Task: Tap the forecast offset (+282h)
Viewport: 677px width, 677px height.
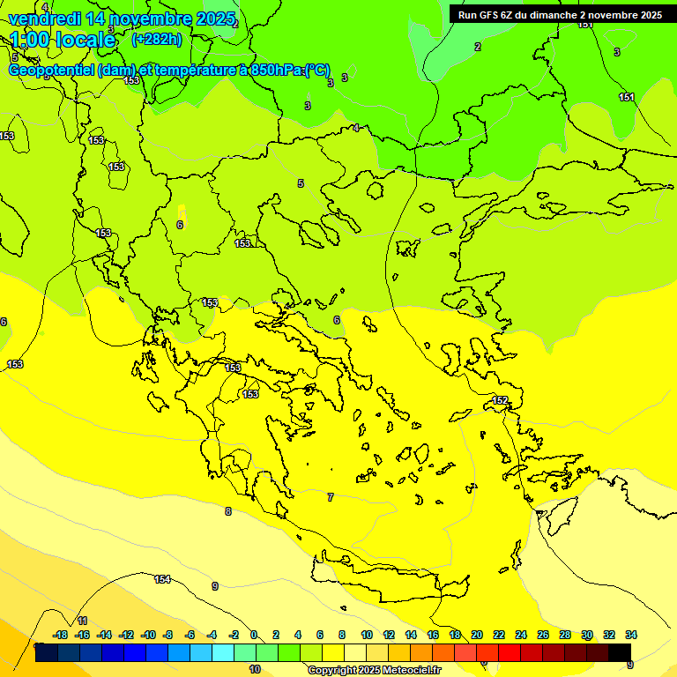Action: click(x=157, y=39)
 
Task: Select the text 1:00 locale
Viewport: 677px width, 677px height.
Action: click(x=63, y=40)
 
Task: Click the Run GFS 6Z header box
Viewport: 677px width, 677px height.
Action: click(x=560, y=15)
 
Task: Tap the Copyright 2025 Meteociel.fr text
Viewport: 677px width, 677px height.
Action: click(x=374, y=670)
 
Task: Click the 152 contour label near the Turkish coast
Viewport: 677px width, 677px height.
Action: click(x=500, y=401)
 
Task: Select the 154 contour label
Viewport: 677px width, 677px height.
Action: click(x=162, y=579)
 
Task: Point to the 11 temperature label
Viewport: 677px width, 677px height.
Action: click(x=82, y=621)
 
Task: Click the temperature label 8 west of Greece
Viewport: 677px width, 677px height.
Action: click(x=227, y=511)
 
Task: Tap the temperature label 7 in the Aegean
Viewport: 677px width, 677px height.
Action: click(x=331, y=497)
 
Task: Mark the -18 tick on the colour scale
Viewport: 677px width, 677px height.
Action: click(x=61, y=635)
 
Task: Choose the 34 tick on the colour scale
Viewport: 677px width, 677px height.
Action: click(x=631, y=635)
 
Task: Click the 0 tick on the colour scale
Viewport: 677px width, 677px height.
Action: click(x=254, y=635)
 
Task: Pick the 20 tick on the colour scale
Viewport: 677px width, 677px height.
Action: click(x=477, y=635)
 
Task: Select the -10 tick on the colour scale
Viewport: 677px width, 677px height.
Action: click(x=148, y=635)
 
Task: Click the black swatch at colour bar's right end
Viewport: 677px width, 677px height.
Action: click(x=620, y=652)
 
